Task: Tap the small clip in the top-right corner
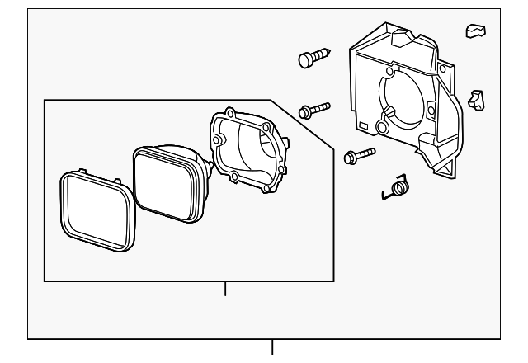coord(474,31)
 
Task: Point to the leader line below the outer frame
coord(272,349)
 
